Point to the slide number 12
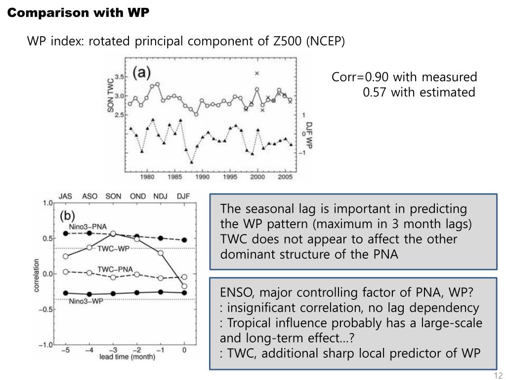[498, 375]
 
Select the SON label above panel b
[113, 196]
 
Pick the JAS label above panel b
[65, 196]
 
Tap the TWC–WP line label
[114, 248]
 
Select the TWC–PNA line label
[115, 269]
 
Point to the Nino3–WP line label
[86, 300]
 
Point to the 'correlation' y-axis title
[37, 274]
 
